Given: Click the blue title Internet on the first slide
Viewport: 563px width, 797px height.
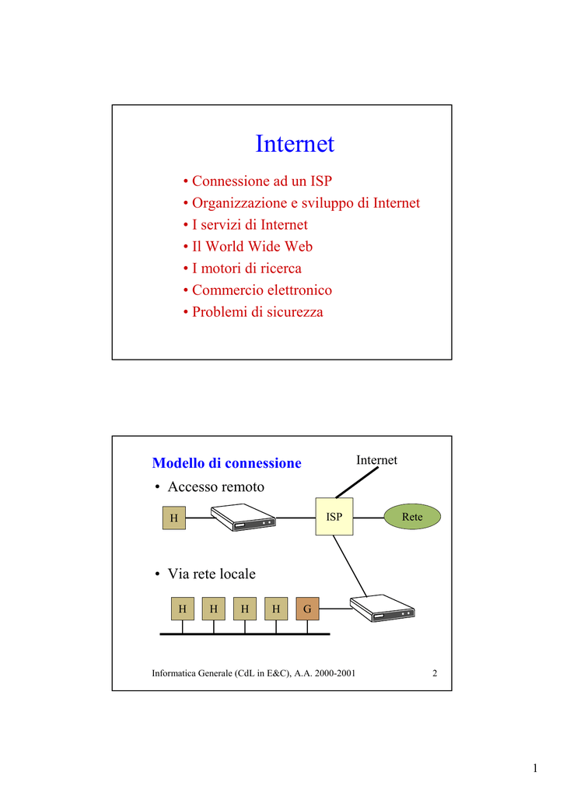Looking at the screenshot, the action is click(x=295, y=144).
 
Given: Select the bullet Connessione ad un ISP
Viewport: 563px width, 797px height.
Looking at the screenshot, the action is click(x=258, y=181).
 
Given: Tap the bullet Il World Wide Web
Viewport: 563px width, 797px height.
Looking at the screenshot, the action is click(x=248, y=247).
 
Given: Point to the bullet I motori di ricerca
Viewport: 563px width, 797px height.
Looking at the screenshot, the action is click(x=242, y=269).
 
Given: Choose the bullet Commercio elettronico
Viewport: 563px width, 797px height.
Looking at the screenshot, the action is click(x=257, y=290).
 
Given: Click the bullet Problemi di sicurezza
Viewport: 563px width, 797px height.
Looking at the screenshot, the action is click(x=253, y=312).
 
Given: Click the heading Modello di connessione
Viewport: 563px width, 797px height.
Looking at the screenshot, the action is click(x=227, y=463).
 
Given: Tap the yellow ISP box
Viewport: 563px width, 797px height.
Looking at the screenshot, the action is click(x=334, y=517).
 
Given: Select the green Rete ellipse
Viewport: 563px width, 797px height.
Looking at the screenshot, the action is click(x=412, y=517).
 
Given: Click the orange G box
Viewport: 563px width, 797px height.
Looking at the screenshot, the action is click(x=307, y=609).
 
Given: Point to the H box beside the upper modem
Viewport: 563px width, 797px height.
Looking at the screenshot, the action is click(x=174, y=518).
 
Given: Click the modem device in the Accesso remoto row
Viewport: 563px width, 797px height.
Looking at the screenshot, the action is click(x=243, y=518).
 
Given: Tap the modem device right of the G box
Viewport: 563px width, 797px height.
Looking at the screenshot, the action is click(x=383, y=608).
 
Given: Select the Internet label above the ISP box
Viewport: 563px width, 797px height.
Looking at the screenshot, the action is click(x=376, y=460).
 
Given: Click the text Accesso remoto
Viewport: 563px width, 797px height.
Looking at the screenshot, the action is click(x=215, y=487).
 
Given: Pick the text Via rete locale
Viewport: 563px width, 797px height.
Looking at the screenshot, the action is click(x=212, y=574).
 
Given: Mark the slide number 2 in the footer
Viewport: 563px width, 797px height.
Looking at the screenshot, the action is click(x=435, y=673).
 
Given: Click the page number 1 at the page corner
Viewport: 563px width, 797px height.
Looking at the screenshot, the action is click(x=535, y=768).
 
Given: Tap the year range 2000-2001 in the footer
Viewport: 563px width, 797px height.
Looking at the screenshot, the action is click(x=335, y=673).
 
